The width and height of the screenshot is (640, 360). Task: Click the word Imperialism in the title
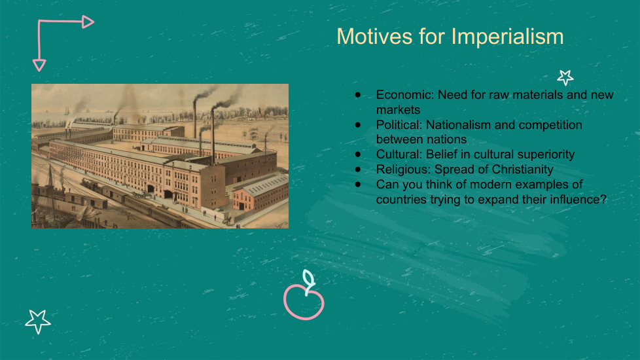[x=507, y=37]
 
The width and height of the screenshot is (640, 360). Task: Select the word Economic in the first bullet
[x=404, y=95]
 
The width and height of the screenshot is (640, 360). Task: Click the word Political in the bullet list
[x=399, y=124]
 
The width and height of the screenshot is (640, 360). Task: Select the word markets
[x=398, y=110]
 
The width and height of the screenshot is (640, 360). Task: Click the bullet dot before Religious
[x=358, y=170]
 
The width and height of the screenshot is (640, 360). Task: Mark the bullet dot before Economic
[x=358, y=95]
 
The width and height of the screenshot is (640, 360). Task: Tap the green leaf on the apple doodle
[x=309, y=278]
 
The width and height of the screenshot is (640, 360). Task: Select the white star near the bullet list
[x=565, y=77]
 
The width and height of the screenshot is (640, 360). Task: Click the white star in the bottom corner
[x=38, y=321]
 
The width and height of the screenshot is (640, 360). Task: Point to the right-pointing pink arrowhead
[x=88, y=22]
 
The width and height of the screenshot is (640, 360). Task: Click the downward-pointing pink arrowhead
[x=39, y=65]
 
